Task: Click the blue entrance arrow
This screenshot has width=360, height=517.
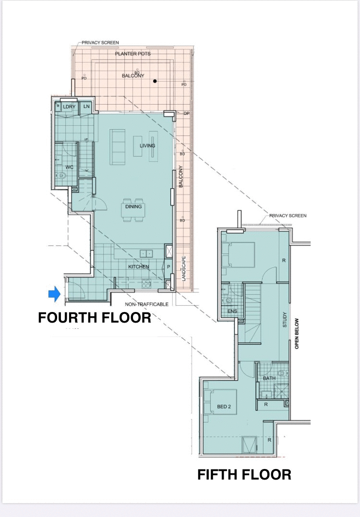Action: point(54,294)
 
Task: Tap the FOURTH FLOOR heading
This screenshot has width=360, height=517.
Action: point(94,318)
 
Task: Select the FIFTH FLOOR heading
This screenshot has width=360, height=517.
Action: point(244,475)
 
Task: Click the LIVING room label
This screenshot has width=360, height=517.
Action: point(147,145)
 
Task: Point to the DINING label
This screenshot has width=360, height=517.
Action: point(133,207)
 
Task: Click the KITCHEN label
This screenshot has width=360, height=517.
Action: point(138,267)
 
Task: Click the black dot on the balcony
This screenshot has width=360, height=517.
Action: point(155,81)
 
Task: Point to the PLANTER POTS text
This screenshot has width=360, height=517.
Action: point(132,54)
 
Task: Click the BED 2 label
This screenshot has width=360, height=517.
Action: point(224,407)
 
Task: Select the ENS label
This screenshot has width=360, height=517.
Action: point(232,311)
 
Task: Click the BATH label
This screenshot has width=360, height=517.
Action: point(269,379)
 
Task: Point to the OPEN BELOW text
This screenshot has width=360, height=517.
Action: point(297,333)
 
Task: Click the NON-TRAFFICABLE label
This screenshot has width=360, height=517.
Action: point(146,305)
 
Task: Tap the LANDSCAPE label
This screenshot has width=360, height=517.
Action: point(183,269)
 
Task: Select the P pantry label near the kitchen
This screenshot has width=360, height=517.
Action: point(168,267)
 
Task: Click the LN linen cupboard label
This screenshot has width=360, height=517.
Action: point(86,106)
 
